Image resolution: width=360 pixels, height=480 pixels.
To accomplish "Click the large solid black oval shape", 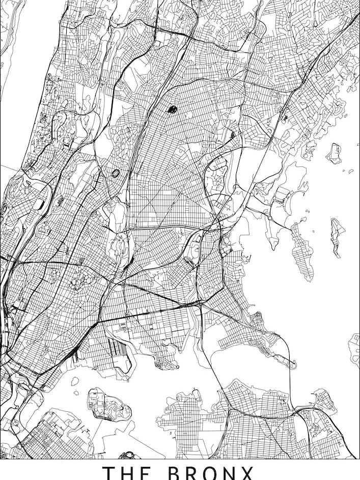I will tap(172, 108).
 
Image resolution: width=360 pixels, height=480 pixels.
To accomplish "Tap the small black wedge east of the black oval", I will tap(233, 134).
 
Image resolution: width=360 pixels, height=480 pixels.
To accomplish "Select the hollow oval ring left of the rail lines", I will tap(116, 173).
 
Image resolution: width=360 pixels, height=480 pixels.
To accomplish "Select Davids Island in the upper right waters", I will tap(334, 152).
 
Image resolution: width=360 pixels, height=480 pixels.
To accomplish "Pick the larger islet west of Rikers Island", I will tap(75, 381).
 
